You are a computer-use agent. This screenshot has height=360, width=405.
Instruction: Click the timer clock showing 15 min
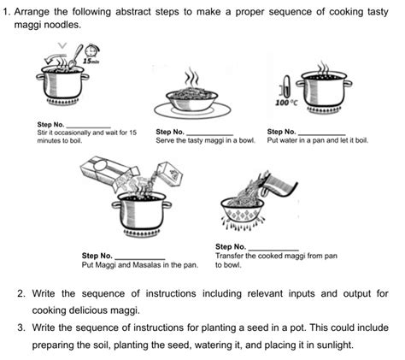click(x=91, y=51)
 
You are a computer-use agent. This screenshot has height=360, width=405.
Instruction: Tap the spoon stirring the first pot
click(x=75, y=56)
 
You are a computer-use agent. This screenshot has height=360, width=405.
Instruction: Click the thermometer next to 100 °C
click(x=286, y=86)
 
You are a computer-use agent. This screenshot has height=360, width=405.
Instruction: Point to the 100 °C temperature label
click(x=286, y=103)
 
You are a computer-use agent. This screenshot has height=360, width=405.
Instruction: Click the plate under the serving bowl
click(x=192, y=110)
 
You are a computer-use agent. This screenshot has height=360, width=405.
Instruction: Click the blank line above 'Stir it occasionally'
click(x=88, y=127)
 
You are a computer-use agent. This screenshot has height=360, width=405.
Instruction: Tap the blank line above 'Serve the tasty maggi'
click(x=210, y=134)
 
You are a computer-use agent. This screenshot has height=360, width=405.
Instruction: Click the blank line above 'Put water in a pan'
click(x=322, y=134)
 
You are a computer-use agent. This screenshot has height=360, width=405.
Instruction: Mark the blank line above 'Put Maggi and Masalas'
click(x=140, y=258)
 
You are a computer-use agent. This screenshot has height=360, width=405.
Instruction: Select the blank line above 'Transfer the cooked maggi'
click(x=273, y=250)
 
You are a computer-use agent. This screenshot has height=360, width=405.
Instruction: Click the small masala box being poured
click(x=170, y=174)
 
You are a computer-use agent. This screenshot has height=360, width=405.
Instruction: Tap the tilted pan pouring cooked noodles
click(x=279, y=186)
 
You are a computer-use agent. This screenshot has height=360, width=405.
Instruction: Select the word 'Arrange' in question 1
click(x=32, y=12)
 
